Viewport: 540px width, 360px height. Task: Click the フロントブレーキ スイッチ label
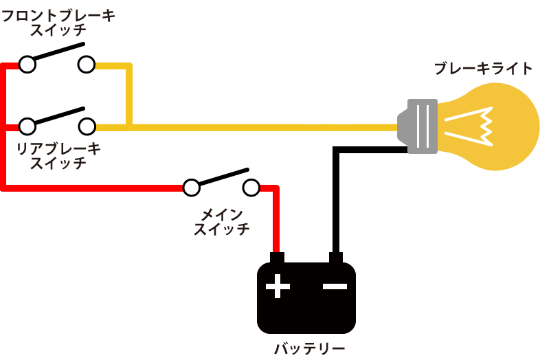pyautogui.click(x=58, y=23)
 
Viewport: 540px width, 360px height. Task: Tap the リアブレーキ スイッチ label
pyautogui.click(x=58, y=156)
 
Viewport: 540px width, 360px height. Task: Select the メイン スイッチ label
pyautogui.click(x=222, y=222)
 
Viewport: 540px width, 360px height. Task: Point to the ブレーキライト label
pyautogui.click(x=484, y=68)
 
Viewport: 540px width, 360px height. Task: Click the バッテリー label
pyautogui.click(x=310, y=348)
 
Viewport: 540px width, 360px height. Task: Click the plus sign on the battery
pyautogui.click(x=278, y=286)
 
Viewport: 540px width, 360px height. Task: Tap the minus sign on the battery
pyautogui.click(x=335, y=286)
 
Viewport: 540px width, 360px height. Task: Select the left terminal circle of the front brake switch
pyautogui.click(x=27, y=65)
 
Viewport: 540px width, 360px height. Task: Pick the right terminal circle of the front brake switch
pyautogui.click(x=87, y=65)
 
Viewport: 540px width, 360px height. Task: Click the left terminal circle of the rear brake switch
pyautogui.click(x=27, y=126)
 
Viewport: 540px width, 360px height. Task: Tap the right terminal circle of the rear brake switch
pyautogui.click(x=87, y=126)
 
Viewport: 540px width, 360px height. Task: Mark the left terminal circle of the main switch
pyautogui.click(x=191, y=188)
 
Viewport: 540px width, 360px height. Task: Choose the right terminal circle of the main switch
pyautogui.click(x=251, y=188)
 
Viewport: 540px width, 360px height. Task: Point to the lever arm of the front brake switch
pyautogui.click(x=58, y=51)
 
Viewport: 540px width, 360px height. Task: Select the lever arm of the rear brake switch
pyautogui.click(x=58, y=115)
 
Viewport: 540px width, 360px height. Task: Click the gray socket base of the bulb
pyautogui.click(x=418, y=126)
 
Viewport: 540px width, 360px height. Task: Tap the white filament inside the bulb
pyautogui.click(x=469, y=126)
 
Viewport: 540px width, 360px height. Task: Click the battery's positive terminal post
pyautogui.click(x=277, y=258)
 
